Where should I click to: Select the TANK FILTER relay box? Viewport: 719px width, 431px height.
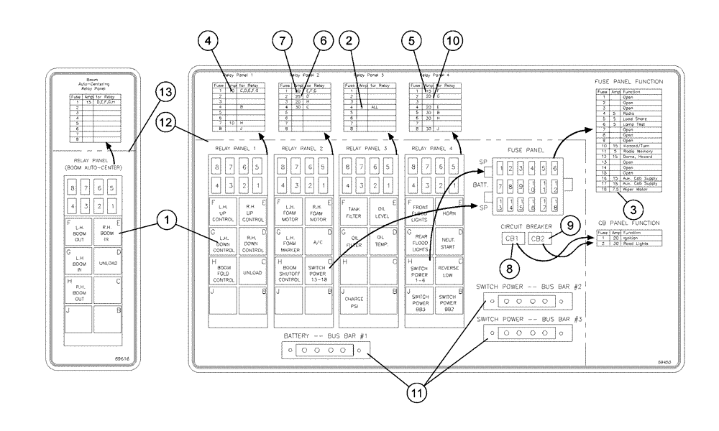coord(353,209)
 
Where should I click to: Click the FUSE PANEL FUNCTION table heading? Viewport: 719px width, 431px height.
coord(628,81)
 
